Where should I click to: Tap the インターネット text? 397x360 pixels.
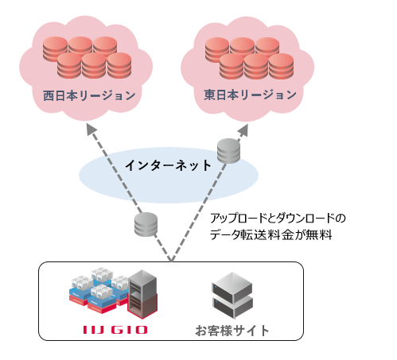(x=168, y=166)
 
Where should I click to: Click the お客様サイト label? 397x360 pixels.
(x=232, y=330)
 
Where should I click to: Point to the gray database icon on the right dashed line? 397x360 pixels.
(x=228, y=151)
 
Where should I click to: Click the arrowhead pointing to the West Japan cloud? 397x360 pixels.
(x=90, y=136)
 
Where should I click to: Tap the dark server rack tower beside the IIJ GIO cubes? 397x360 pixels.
(x=143, y=293)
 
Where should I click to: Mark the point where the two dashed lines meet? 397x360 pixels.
(x=170, y=260)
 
